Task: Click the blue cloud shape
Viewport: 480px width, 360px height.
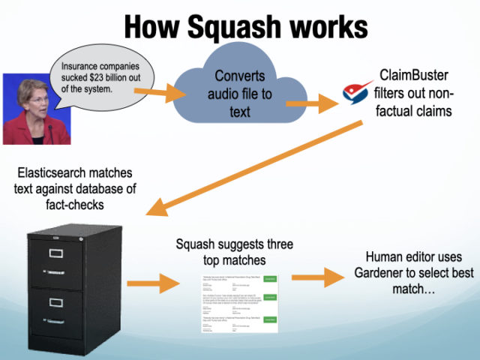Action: [x=240, y=93]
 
